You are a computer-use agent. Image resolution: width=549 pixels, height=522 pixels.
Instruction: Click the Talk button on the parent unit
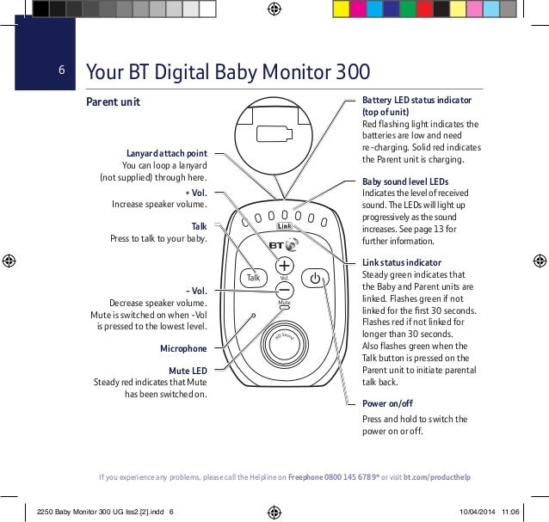tap(254, 278)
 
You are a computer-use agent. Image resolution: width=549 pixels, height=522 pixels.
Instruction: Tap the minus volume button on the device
tap(284, 291)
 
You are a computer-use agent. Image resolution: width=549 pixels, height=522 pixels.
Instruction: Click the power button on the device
tap(316, 278)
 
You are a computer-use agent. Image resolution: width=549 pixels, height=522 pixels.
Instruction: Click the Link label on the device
tap(286, 226)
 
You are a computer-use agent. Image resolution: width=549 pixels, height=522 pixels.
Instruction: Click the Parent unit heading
tap(113, 102)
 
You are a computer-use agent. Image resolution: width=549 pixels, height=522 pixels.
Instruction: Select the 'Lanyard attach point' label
tap(166, 153)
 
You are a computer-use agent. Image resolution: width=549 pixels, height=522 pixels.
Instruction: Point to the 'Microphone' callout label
tap(183, 348)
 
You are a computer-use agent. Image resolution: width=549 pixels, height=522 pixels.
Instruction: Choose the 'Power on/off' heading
tap(387, 403)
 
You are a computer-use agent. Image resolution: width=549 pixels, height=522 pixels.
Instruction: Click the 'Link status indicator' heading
tap(402, 262)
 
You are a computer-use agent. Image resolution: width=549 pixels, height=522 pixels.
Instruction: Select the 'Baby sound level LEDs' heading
tap(405, 182)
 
